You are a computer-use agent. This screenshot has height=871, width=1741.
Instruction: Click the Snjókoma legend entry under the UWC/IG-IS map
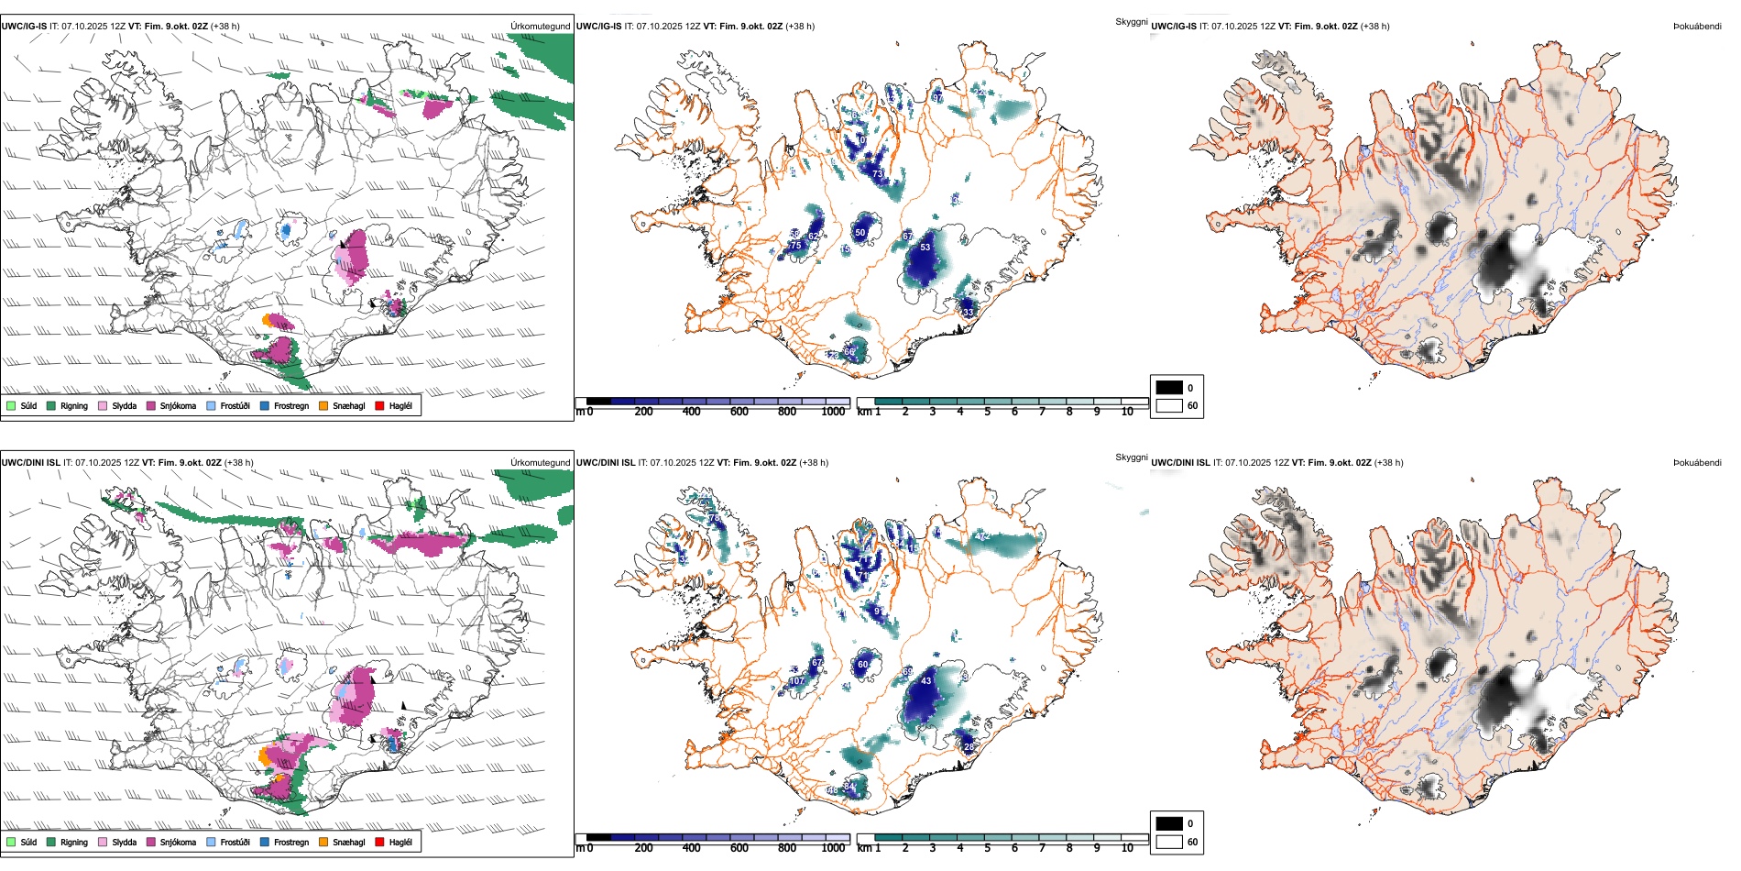tap(178, 405)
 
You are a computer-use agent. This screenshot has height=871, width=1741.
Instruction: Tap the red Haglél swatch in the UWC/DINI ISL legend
tap(379, 842)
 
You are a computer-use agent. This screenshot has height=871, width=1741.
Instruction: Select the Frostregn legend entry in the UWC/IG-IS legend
tap(291, 405)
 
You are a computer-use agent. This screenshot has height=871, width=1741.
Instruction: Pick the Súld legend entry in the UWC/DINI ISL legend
tap(28, 842)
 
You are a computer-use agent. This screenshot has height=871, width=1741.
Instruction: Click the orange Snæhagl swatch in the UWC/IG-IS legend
tap(323, 405)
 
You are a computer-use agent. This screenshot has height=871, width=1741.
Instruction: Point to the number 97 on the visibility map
tap(937, 97)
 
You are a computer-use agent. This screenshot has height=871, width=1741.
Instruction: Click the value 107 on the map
tap(797, 681)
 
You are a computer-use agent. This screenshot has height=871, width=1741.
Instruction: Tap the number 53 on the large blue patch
tap(925, 248)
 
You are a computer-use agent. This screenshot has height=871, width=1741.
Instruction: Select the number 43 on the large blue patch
tap(925, 681)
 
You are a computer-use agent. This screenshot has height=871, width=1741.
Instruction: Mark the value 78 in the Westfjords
tap(714, 519)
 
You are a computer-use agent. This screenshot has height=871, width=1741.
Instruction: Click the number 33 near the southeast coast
tap(969, 312)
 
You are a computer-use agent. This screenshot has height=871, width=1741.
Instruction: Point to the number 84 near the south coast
tap(849, 787)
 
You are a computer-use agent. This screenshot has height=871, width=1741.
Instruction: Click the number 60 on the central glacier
tap(862, 665)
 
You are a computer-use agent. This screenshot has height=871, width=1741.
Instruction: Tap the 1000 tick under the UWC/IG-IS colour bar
tap(833, 412)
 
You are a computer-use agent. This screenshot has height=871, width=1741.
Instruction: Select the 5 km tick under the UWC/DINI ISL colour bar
tap(987, 848)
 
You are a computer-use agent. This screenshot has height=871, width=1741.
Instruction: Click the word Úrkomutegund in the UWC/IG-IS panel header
tap(540, 27)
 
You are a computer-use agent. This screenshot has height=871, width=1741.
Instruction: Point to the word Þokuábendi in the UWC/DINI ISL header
tap(1697, 463)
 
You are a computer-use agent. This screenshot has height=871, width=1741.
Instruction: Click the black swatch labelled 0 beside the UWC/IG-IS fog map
tap(1169, 388)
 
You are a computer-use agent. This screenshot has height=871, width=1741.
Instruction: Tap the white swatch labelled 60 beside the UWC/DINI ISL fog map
tap(1169, 842)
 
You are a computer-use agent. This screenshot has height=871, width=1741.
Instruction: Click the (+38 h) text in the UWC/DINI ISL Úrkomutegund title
tap(238, 463)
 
